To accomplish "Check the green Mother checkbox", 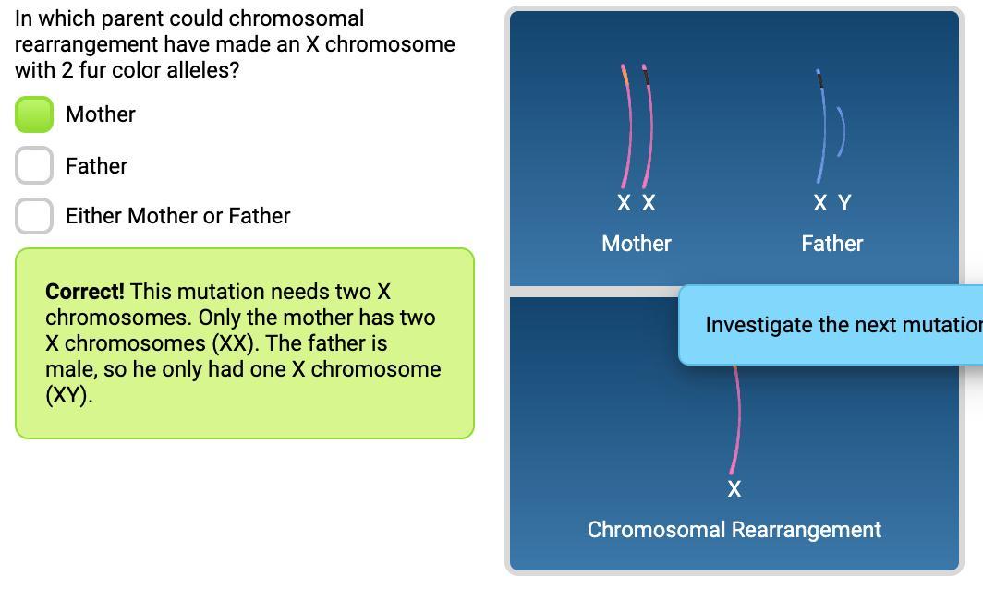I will click(x=34, y=114).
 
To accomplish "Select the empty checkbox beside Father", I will click(x=34, y=166).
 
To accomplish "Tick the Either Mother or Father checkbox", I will click(x=34, y=216).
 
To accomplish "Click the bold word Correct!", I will click(x=84, y=292).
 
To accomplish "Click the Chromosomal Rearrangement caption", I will click(x=734, y=530).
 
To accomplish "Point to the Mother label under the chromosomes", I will click(x=637, y=244).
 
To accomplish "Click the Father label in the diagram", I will click(x=832, y=244).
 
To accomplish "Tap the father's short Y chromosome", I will click(x=842, y=131).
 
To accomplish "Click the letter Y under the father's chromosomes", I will click(x=843, y=203).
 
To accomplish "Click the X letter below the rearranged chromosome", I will click(x=734, y=489).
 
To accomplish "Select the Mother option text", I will click(x=101, y=114).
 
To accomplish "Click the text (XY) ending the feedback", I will click(x=69, y=395).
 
